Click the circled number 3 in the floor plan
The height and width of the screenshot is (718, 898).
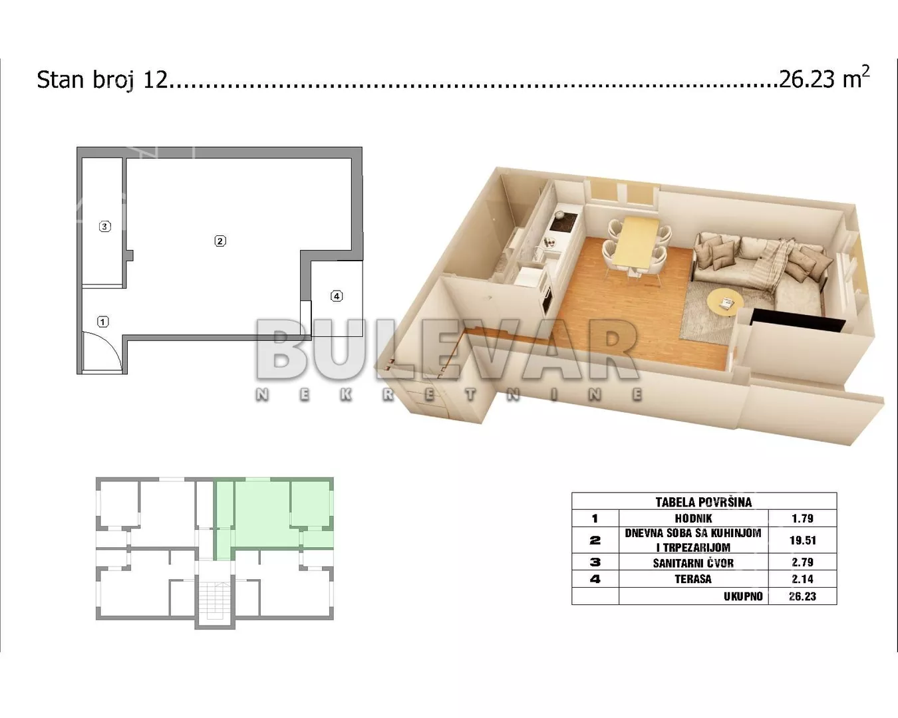[x=104, y=227]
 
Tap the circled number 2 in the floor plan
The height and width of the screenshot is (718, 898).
[x=220, y=241]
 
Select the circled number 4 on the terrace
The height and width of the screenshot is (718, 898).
[x=337, y=297]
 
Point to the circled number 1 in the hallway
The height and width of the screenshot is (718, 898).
[x=103, y=322]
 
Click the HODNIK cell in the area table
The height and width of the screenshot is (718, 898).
[x=693, y=518]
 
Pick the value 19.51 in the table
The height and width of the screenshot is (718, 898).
[x=802, y=540]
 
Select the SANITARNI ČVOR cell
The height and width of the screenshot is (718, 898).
[x=693, y=563]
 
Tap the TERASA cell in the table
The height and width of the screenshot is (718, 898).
[x=693, y=579]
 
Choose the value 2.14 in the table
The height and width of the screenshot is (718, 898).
[x=802, y=579]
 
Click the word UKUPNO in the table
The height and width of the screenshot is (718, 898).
[x=743, y=596]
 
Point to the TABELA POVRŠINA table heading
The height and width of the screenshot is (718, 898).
[x=704, y=502]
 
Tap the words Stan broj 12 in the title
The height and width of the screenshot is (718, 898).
[x=102, y=79]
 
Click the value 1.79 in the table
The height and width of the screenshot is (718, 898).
[x=802, y=518]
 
